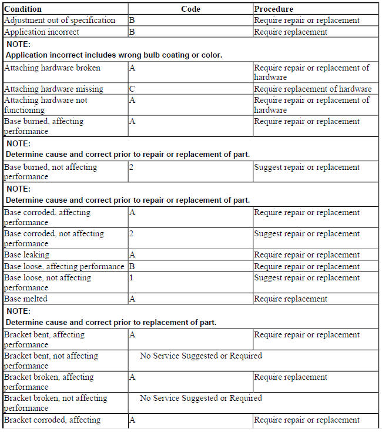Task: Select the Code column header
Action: tap(190, 9)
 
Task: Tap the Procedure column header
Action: tap(273, 9)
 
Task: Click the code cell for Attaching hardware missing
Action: tap(132, 89)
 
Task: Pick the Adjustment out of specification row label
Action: tap(59, 20)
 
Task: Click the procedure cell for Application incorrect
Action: tap(290, 32)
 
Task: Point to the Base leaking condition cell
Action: tap(27, 255)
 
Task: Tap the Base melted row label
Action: tap(25, 299)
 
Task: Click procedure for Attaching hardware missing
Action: tap(313, 89)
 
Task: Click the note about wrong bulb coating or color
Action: tap(113, 55)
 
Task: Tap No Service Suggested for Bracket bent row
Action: tap(200, 356)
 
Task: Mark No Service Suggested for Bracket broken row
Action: tap(200, 398)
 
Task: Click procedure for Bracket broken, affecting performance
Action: tap(290, 377)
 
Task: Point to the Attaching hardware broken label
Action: tap(52, 68)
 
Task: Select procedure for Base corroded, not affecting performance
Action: tap(307, 234)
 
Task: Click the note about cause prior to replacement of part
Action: tap(111, 322)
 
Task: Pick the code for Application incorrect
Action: tap(132, 32)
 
